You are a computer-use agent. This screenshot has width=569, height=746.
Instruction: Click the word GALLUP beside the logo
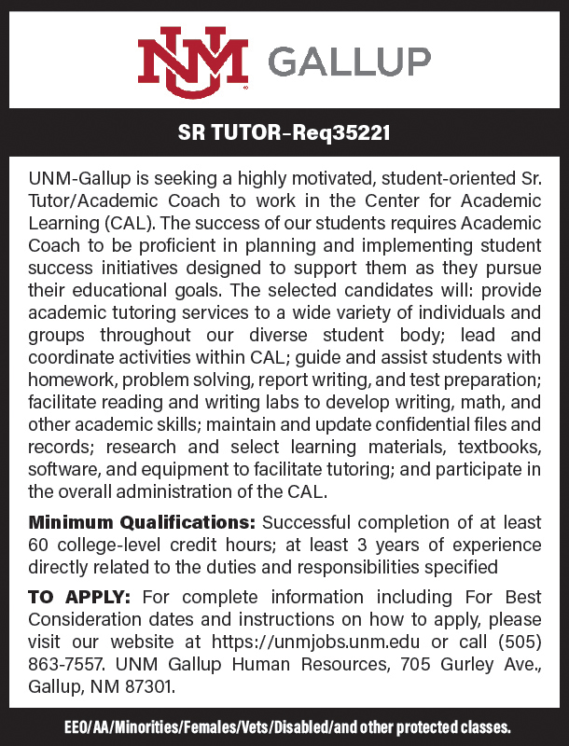click(350, 62)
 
